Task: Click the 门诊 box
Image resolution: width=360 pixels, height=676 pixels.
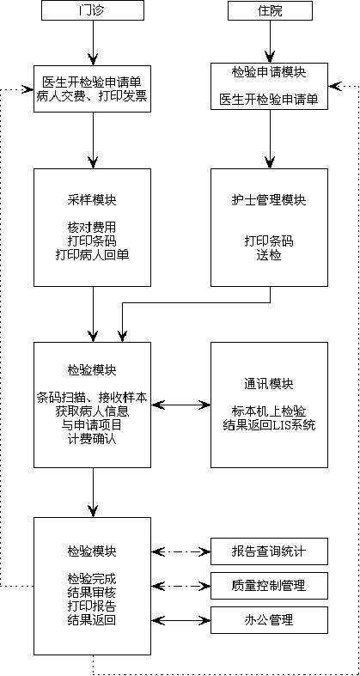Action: pyautogui.click(x=92, y=10)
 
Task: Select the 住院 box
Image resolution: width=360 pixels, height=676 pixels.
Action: pyautogui.click(x=270, y=10)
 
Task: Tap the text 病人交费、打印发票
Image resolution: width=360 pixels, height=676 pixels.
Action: pyautogui.click(x=93, y=95)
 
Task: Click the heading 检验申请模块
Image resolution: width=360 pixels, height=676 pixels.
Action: pyautogui.click(x=269, y=72)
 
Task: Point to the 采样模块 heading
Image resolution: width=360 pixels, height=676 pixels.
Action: pyautogui.click(x=92, y=200)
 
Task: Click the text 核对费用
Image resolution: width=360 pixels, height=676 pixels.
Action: pyautogui.click(x=92, y=227)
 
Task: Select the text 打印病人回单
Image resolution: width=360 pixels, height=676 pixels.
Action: pyautogui.click(x=92, y=254)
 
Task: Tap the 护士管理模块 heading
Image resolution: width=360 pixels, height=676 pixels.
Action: pyautogui.click(x=269, y=200)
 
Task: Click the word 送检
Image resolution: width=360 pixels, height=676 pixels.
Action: pyautogui.click(x=269, y=255)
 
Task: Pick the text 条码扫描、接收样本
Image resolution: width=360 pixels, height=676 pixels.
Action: pyautogui.click(x=92, y=398)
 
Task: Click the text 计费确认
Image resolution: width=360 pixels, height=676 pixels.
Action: pyautogui.click(x=92, y=439)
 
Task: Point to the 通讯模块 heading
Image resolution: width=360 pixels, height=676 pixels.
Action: pyautogui.click(x=269, y=384)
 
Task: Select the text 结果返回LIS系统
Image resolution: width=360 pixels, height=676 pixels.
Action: pyautogui.click(x=269, y=425)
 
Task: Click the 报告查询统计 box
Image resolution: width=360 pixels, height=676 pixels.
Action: pyautogui.click(x=269, y=551)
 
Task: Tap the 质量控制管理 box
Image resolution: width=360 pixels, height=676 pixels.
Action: pyautogui.click(x=269, y=586)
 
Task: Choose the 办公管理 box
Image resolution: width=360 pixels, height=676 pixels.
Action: pyautogui.click(x=269, y=619)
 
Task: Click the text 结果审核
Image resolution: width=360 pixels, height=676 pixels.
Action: pyautogui.click(x=92, y=592)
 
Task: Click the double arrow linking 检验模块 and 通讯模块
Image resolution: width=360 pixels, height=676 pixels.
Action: pyautogui.click(x=180, y=405)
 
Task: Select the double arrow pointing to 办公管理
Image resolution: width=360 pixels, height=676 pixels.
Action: pyautogui.click(x=180, y=620)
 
